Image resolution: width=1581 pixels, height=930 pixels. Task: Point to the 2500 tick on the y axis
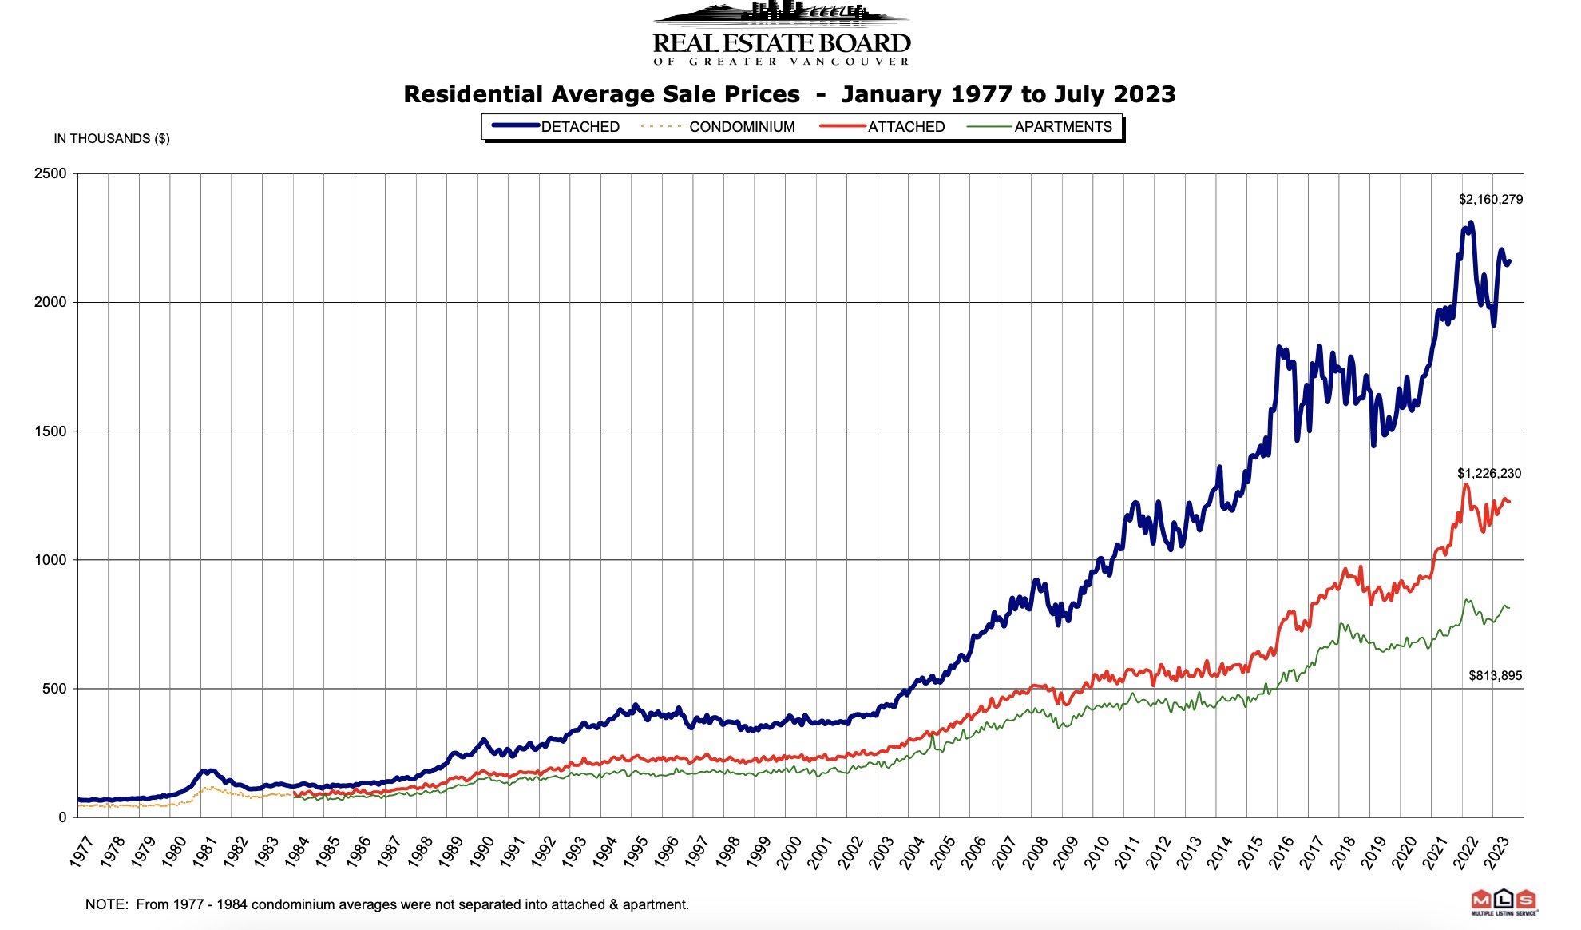(x=50, y=173)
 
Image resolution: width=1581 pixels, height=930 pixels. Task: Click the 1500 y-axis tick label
(x=50, y=431)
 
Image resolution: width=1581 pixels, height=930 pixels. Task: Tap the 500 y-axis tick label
(x=54, y=689)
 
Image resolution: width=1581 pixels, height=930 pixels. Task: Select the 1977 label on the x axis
(x=81, y=852)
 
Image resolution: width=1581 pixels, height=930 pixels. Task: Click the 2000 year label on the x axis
(x=789, y=852)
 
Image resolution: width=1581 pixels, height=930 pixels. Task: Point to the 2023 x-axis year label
(x=1496, y=852)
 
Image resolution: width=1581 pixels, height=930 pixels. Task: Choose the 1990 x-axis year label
(x=481, y=852)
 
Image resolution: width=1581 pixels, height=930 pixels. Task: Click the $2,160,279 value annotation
(x=1490, y=200)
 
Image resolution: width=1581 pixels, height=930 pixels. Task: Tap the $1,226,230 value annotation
(x=1489, y=474)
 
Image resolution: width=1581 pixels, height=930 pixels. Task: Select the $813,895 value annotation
(x=1495, y=676)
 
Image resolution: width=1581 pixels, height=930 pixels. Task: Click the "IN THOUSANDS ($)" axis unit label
(x=112, y=139)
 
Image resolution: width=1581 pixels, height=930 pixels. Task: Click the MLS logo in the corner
(x=1504, y=901)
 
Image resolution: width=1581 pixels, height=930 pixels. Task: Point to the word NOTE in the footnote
(x=106, y=905)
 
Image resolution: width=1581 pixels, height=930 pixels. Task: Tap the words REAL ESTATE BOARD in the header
(x=782, y=43)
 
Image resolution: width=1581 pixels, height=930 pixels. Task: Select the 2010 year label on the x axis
(x=1096, y=852)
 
